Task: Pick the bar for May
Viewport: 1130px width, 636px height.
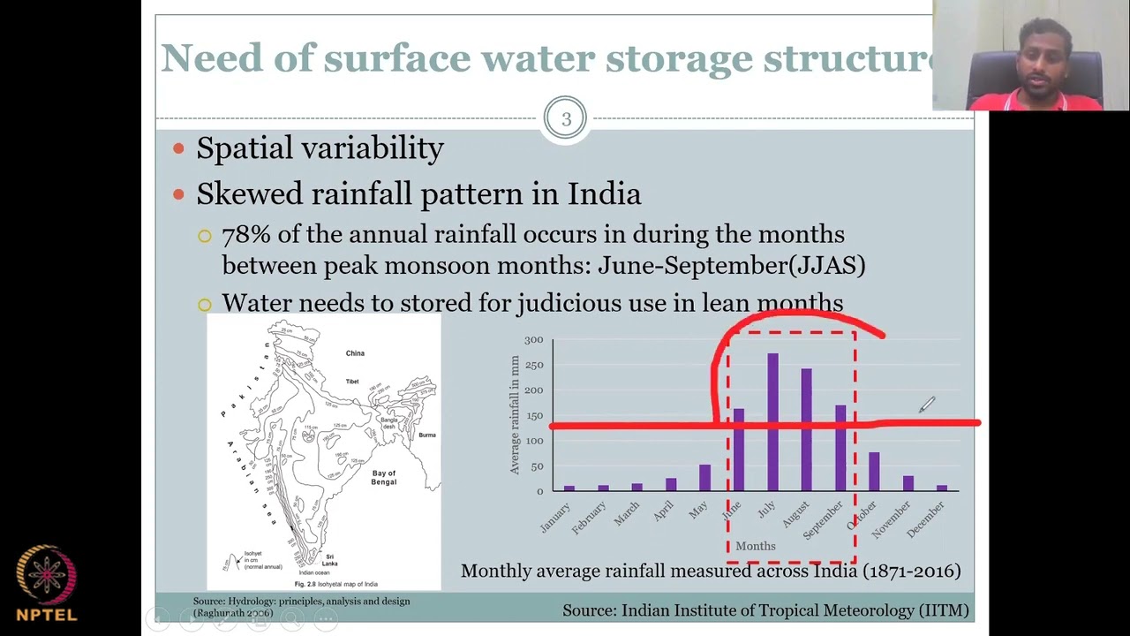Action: [704, 477]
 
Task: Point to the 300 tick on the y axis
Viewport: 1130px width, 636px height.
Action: [533, 340]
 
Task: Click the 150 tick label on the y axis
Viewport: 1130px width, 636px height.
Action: [533, 416]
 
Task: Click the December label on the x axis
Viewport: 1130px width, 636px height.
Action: [927, 519]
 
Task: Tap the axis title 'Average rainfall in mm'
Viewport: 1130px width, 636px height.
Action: [515, 415]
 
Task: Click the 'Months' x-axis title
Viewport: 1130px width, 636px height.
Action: [756, 546]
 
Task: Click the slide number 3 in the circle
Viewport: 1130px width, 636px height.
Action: [565, 118]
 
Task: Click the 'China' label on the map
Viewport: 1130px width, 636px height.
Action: [355, 353]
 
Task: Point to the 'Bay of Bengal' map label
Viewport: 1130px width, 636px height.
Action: [384, 478]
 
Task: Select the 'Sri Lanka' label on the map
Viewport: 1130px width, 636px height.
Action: [329, 559]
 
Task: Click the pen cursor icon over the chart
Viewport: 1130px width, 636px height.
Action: [926, 405]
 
